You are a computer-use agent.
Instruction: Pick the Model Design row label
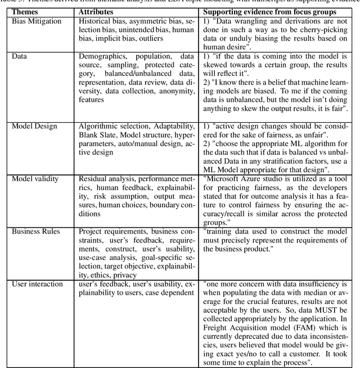pyautogui.click(x=34, y=126)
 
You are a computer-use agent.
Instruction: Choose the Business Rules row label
pyautogui.click(x=35, y=231)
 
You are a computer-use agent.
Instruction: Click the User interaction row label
pyautogui.click(x=38, y=284)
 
